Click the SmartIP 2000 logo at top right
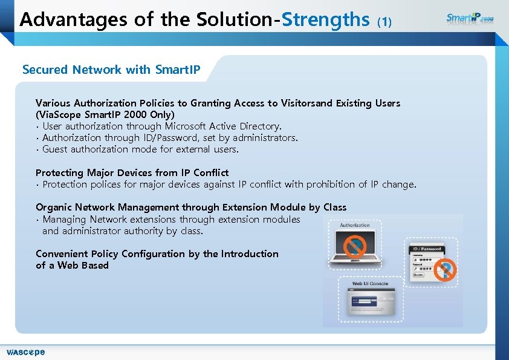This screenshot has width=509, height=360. click(x=470, y=18)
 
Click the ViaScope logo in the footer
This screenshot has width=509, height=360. click(x=25, y=352)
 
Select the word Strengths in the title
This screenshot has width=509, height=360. click(x=326, y=20)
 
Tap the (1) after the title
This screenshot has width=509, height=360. click(x=384, y=22)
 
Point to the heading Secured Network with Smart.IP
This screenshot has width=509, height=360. click(x=111, y=70)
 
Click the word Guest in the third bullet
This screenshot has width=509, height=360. click(x=56, y=149)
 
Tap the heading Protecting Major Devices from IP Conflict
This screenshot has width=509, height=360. click(x=132, y=173)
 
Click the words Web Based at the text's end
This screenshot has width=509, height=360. click(x=83, y=266)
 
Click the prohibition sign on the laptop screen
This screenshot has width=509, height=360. click(x=355, y=246)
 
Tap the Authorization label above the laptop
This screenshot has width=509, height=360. click(x=355, y=225)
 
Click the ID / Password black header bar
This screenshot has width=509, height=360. click(x=427, y=249)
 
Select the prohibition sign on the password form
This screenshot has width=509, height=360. click(x=446, y=269)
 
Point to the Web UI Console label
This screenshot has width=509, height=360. click(x=370, y=284)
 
